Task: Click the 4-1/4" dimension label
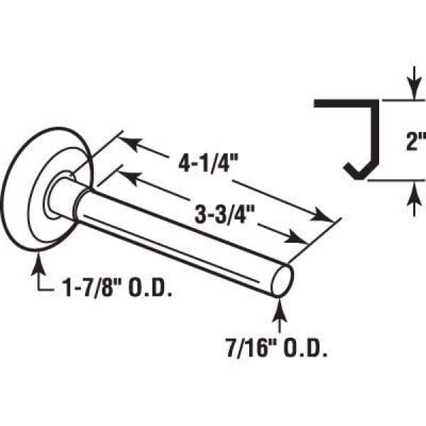[x=208, y=163]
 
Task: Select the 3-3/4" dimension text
[x=224, y=214]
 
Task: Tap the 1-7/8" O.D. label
[x=117, y=288]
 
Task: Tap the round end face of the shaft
[x=283, y=280]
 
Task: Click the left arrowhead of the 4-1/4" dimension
[x=131, y=143]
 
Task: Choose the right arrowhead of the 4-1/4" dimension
[x=321, y=214]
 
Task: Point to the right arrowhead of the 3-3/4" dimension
[x=295, y=237]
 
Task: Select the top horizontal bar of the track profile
[x=346, y=103]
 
